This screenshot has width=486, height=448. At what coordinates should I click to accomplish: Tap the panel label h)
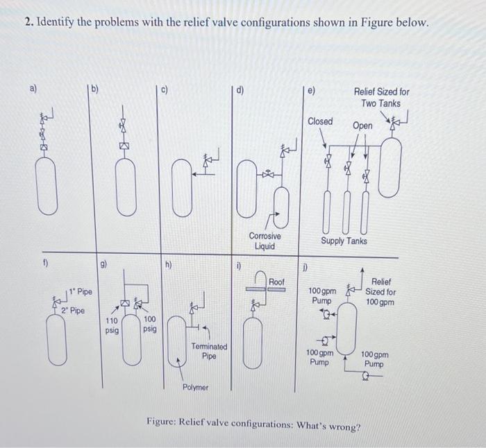pyautogui.click(x=169, y=264)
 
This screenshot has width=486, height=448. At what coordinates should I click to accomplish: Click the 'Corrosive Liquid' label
pyautogui.click(x=265, y=241)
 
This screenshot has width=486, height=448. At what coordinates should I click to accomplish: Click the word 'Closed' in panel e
pyautogui.click(x=320, y=121)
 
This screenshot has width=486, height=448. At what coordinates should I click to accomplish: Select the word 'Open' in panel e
pyautogui.click(x=362, y=126)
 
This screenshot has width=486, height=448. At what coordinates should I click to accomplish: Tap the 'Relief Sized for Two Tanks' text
pyautogui.click(x=381, y=97)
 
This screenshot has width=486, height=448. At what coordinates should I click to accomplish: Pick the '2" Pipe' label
pyautogui.click(x=73, y=310)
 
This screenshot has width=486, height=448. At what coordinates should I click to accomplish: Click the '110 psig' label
pyautogui.click(x=112, y=326)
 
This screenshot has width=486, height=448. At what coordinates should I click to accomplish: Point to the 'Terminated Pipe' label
pyautogui.click(x=208, y=351)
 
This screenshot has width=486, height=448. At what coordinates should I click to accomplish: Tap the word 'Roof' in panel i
pyautogui.click(x=276, y=282)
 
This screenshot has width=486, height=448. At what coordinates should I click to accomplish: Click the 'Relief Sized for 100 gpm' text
pyautogui.click(x=382, y=292)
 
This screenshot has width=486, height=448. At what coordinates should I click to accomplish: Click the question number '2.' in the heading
pyautogui.click(x=28, y=23)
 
